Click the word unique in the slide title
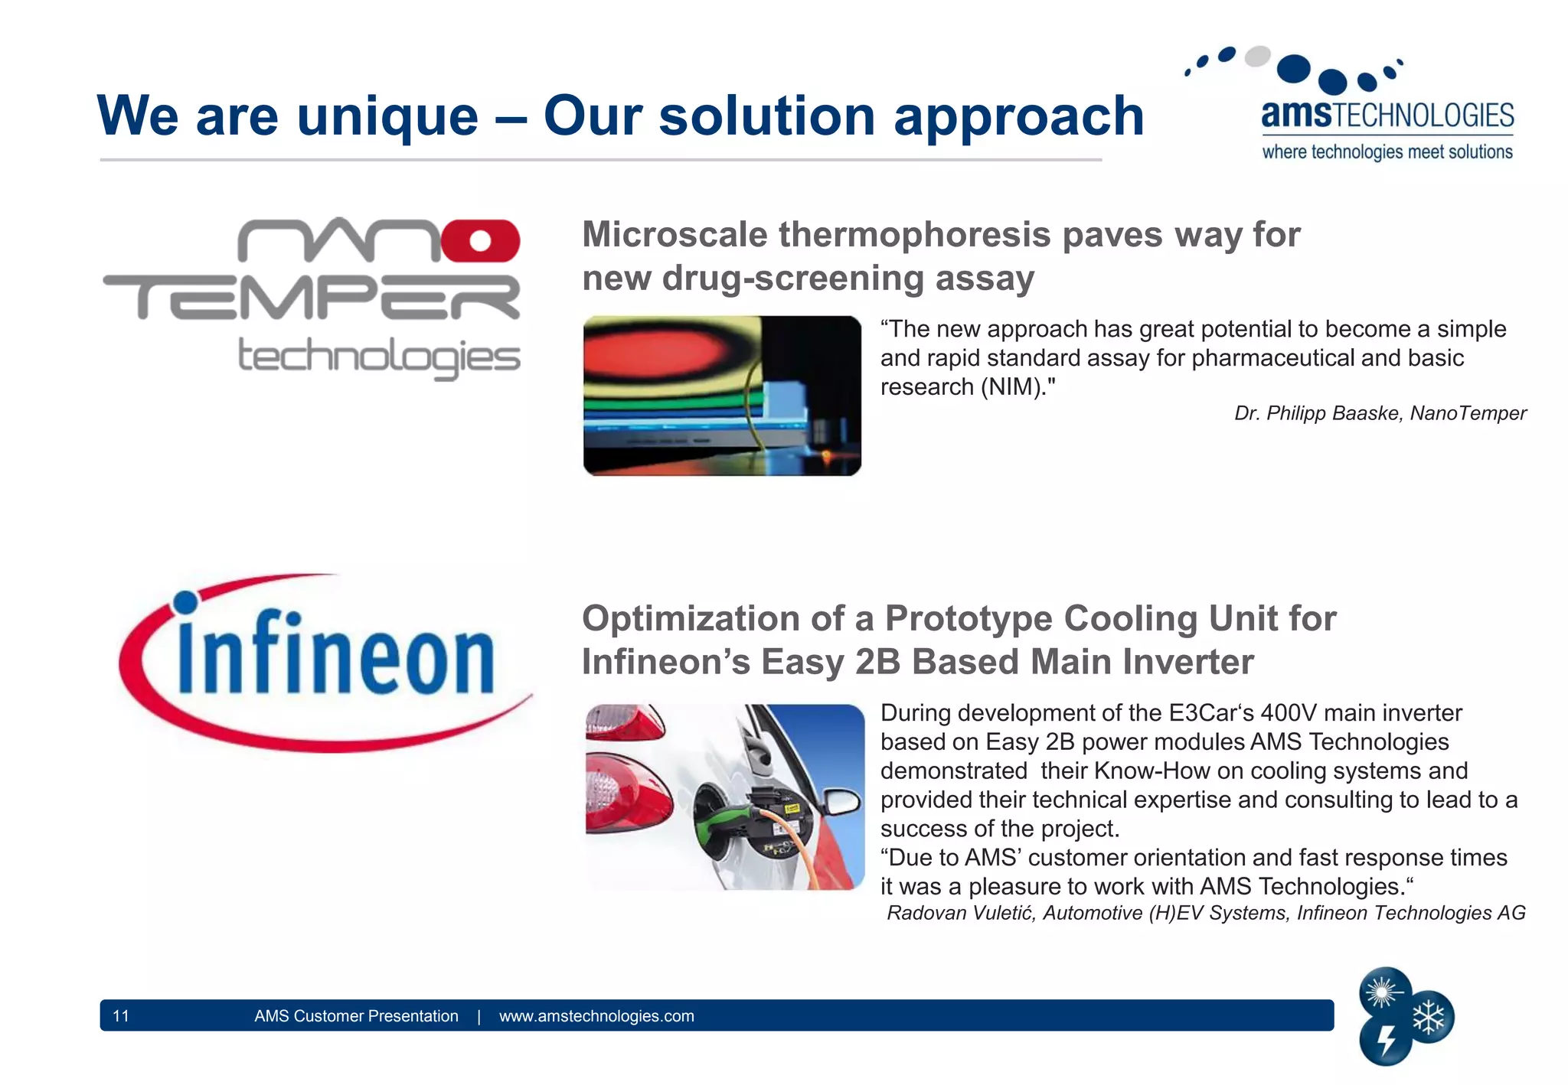(387, 117)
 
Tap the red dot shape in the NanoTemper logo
(480, 241)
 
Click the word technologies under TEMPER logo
(379, 357)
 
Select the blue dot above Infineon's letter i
(186, 602)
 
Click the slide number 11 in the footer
(121, 1016)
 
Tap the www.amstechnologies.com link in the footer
(596, 1016)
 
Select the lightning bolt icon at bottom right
(1386, 1041)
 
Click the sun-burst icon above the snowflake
(1382, 992)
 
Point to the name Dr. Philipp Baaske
(1317, 414)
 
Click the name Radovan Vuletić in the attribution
(960, 914)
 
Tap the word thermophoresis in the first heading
(915, 235)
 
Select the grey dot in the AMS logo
(1257, 57)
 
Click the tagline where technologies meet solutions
(1387, 152)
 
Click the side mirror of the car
(841, 803)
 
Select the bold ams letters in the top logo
(1296, 115)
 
